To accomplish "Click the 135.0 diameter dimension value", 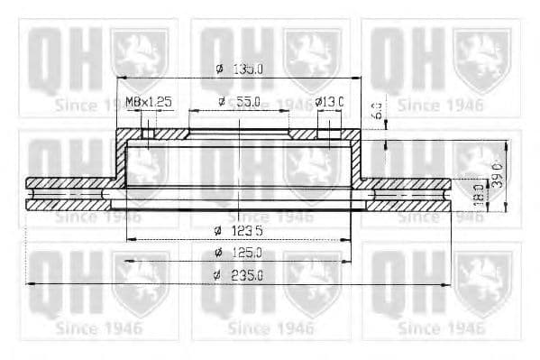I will (249, 69).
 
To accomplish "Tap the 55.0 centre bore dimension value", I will (245, 102).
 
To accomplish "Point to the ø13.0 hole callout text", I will (330, 102).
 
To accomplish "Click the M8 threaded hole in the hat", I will (149, 134).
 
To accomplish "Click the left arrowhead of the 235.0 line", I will (30, 284).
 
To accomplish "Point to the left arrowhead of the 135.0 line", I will (119, 78).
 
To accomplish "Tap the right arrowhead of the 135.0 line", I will (361, 78).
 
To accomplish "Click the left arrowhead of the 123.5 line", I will (126, 239).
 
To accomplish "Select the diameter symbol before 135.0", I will (219, 69).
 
